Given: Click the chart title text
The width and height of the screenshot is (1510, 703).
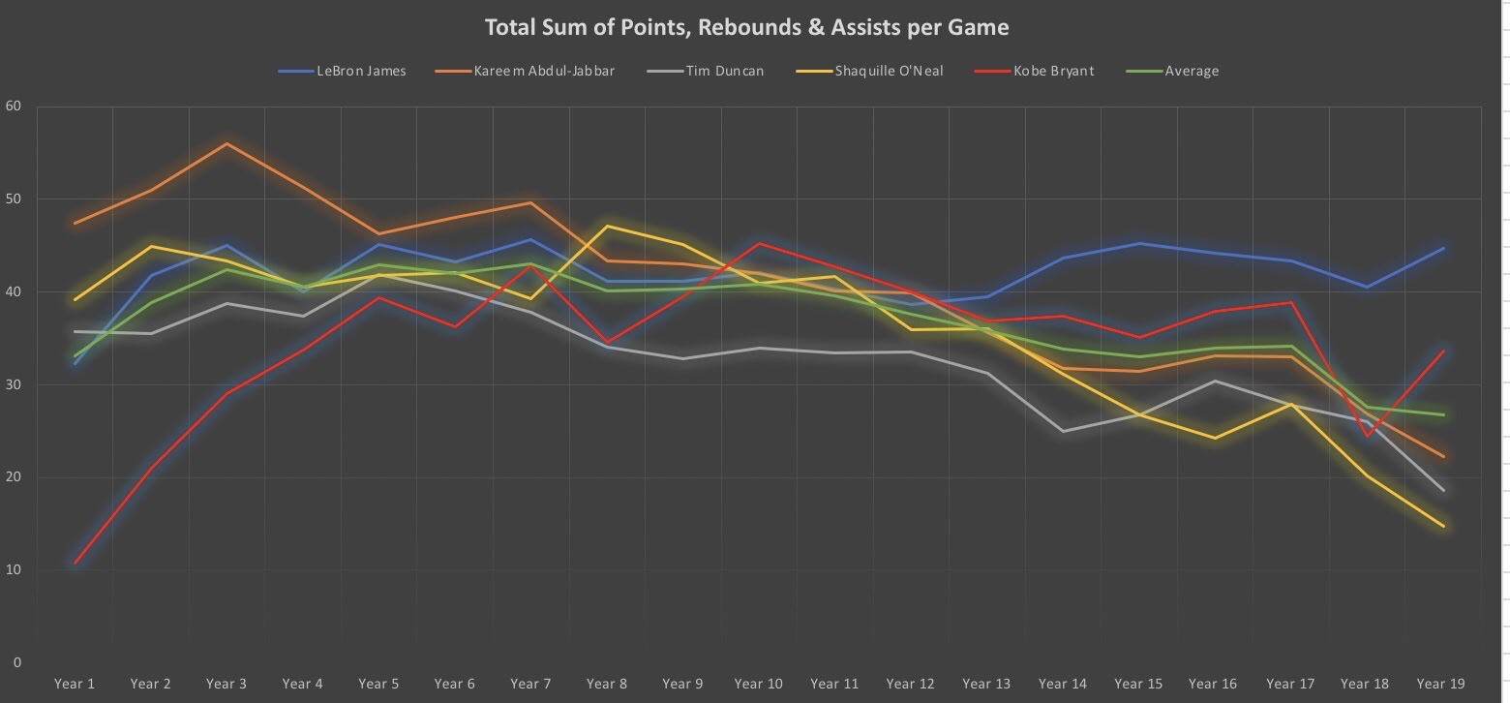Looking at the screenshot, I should tap(746, 27).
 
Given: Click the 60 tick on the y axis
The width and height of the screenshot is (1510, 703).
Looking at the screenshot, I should tap(13, 107).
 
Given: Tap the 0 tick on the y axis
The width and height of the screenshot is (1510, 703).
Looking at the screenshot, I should tap(16, 662).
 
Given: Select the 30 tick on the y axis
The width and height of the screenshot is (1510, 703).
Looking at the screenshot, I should tap(13, 384).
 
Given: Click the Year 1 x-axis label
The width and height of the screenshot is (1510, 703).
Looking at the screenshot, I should tap(75, 684).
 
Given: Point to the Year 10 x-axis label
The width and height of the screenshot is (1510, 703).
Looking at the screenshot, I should tap(759, 684).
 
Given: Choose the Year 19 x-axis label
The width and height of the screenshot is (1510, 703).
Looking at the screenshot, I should tap(1440, 684).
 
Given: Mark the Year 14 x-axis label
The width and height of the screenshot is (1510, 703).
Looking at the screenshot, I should tap(1062, 684).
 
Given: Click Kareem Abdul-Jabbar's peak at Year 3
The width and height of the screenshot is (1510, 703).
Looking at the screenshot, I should tap(226, 143).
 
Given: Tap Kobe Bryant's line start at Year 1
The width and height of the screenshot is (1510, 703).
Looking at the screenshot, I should tap(75, 563).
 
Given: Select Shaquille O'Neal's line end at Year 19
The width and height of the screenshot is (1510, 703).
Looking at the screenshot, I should tap(1443, 527).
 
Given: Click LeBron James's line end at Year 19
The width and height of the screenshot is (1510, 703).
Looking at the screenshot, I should tap(1443, 248).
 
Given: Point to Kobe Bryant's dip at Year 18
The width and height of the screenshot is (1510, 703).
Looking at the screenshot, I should tap(1368, 436).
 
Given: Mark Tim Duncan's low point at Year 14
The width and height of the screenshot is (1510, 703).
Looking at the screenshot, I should tap(1064, 431).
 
